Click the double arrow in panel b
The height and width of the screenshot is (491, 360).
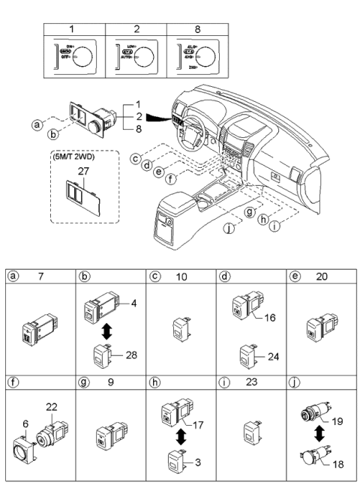pyautogui.click(x=106, y=331)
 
